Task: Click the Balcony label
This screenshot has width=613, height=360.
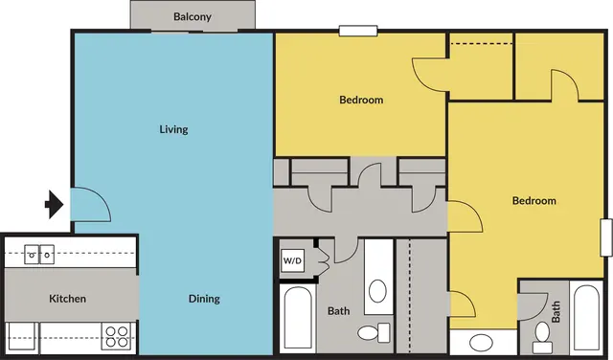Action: tap(193, 17)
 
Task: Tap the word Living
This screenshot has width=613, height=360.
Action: tap(173, 129)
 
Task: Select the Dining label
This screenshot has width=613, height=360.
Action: tap(204, 299)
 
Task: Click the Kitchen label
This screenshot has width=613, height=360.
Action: tap(67, 299)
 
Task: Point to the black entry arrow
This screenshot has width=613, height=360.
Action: tap(55, 205)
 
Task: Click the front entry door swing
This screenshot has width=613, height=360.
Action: tap(91, 205)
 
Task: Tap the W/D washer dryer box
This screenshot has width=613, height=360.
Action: tap(293, 260)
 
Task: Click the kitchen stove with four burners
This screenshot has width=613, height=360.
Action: tap(117, 337)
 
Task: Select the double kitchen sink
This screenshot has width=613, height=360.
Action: tap(39, 255)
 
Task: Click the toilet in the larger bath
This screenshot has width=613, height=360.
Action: tap(374, 333)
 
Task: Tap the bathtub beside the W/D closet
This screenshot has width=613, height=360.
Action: tap(298, 317)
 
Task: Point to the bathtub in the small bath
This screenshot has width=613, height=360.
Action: tap(587, 317)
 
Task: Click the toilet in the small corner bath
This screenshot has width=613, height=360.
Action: tap(542, 338)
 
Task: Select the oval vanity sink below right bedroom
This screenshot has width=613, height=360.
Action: tap(481, 343)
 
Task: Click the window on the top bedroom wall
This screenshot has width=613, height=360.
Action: tap(358, 31)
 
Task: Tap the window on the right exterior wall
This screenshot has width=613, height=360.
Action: tap(606, 237)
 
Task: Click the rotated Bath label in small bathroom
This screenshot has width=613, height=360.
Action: tap(556, 311)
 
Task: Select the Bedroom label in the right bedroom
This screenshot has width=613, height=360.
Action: tap(534, 201)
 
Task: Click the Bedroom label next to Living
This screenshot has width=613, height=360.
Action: tap(361, 101)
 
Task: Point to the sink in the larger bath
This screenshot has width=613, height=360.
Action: tap(377, 291)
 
